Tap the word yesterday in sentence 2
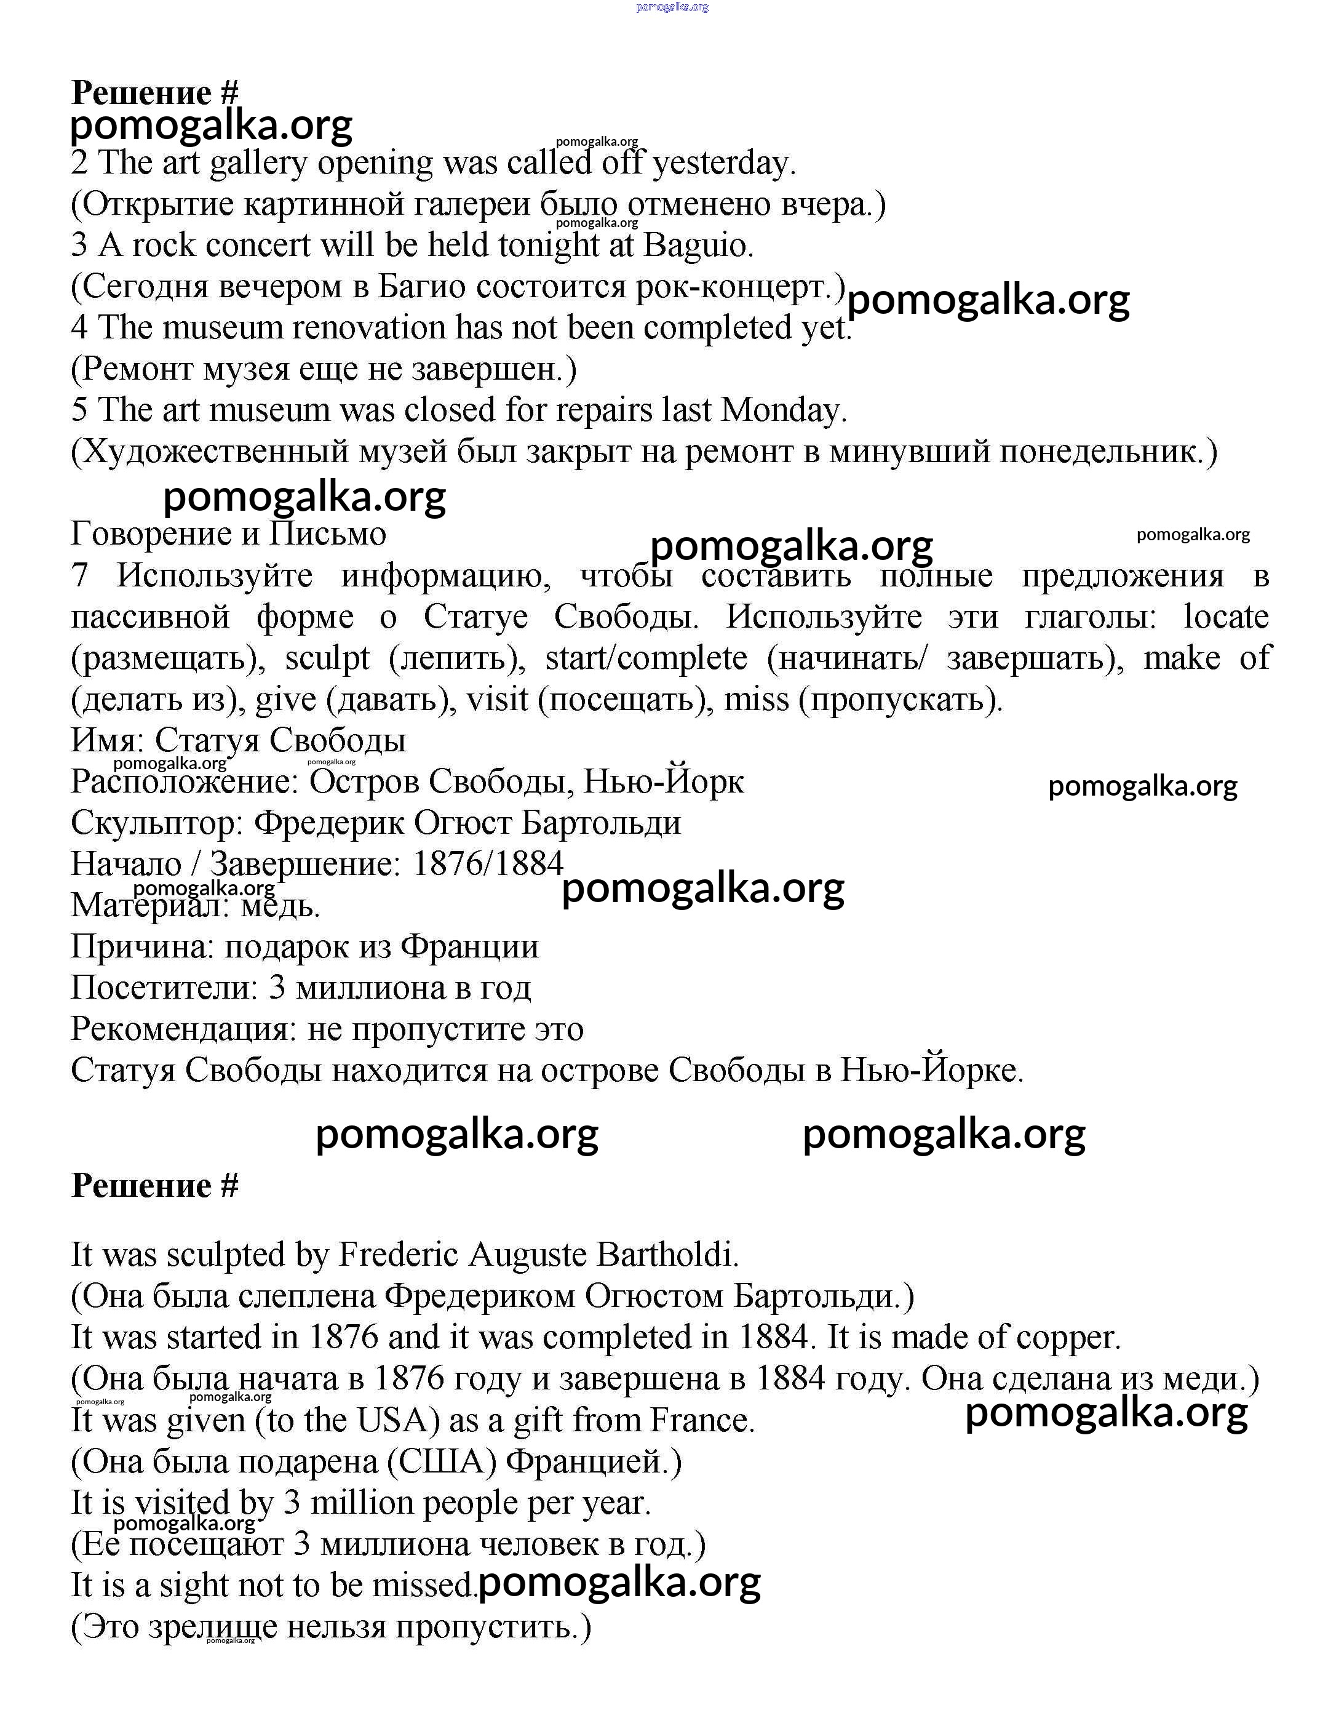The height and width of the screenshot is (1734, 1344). click(x=723, y=164)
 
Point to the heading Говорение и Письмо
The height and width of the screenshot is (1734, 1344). click(x=229, y=533)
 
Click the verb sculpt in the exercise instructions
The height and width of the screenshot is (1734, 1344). click(x=327, y=658)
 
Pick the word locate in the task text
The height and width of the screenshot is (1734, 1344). click(x=1226, y=617)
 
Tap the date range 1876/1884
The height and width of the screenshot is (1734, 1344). click(x=488, y=864)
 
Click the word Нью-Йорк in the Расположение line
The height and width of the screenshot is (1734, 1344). click(x=664, y=782)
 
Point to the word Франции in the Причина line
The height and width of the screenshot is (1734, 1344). click(x=469, y=947)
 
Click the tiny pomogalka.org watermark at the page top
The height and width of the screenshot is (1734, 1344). click(x=672, y=7)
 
